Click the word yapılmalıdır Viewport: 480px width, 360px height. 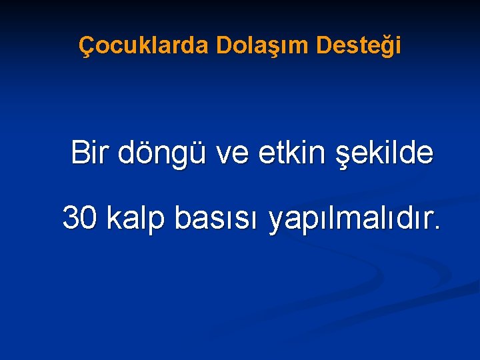click(349, 219)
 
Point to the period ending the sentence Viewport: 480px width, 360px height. click(437, 229)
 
